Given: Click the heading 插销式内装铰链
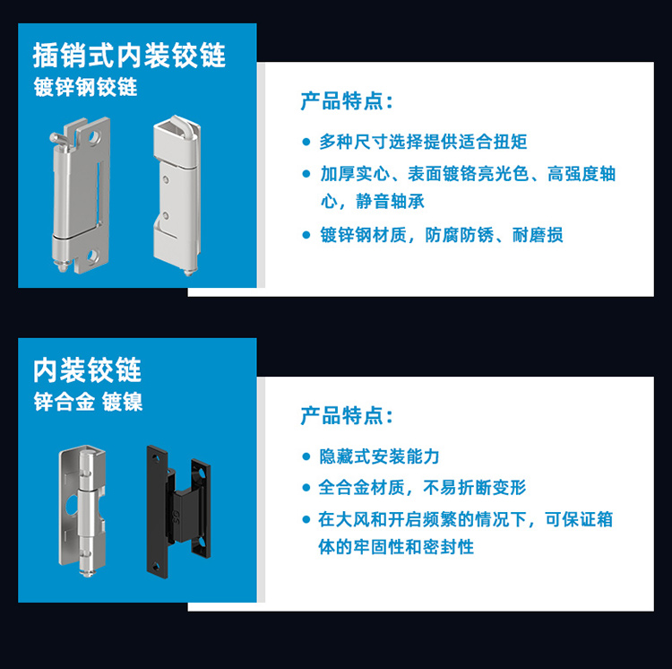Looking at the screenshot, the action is click(129, 56).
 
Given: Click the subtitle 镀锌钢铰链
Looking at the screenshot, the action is click(85, 87).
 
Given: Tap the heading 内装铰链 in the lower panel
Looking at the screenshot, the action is click(87, 369).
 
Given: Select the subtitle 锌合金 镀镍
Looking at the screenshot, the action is click(88, 402).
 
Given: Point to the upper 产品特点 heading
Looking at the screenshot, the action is click(346, 101).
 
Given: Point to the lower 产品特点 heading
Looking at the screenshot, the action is click(346, 415).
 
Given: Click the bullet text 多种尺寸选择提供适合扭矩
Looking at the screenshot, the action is click(423, 142).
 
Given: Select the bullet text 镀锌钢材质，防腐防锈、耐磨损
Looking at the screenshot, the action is click(442, 235).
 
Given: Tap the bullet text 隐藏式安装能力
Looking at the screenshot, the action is click(379, 456).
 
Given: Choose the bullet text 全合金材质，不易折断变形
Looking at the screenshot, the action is click(422, 488).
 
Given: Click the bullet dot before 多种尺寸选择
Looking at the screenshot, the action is click(306, 142).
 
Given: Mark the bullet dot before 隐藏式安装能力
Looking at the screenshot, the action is click(306, 456).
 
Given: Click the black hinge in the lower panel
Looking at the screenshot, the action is click(178, 511).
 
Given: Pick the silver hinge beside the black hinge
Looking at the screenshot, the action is click(82, 510).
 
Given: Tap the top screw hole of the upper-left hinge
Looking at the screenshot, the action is click(93, 137).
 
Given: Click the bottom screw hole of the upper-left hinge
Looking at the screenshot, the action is click(91, 256).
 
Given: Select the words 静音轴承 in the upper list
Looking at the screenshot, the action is click(390, 201).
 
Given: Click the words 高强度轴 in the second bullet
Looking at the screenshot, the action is click(582, 174).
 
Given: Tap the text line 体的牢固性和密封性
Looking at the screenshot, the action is click(396, 547).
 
